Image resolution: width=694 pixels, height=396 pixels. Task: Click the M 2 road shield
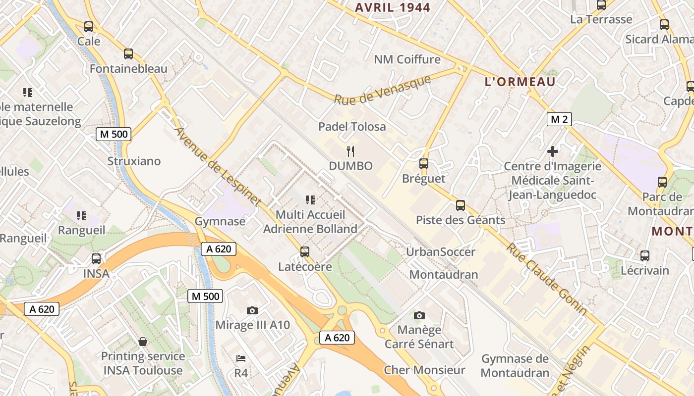point(559,119)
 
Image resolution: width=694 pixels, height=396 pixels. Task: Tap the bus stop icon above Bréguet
point(423,163)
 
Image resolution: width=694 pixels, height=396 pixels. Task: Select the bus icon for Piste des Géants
point(461,205)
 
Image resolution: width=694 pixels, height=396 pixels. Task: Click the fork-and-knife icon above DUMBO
point(351,150)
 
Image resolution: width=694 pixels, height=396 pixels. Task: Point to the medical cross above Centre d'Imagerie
point(553,151)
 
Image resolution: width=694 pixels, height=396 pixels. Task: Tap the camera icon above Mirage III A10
point(252,310)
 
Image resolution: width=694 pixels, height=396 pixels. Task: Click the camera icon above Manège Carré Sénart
point(419,315)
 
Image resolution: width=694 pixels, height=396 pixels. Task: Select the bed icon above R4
point(241,358)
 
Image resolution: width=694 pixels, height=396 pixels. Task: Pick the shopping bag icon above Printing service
point(143,342)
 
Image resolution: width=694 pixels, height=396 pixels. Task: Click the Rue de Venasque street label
point(382,90)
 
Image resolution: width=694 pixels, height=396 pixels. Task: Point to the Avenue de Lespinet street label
point(218,166)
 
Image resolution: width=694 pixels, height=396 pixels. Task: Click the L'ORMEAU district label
point(520,82)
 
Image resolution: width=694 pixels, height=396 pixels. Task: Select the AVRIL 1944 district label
point(393,7)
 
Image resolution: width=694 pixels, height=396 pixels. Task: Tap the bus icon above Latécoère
point(305,252)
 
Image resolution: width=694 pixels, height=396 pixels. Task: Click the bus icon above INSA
point(96,258)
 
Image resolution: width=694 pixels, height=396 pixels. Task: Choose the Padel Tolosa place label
point(352,127)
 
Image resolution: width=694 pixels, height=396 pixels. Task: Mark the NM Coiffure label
point(407,59)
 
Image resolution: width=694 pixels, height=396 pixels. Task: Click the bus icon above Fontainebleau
point(128,54)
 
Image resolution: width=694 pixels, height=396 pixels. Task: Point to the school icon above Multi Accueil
point(310,200)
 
